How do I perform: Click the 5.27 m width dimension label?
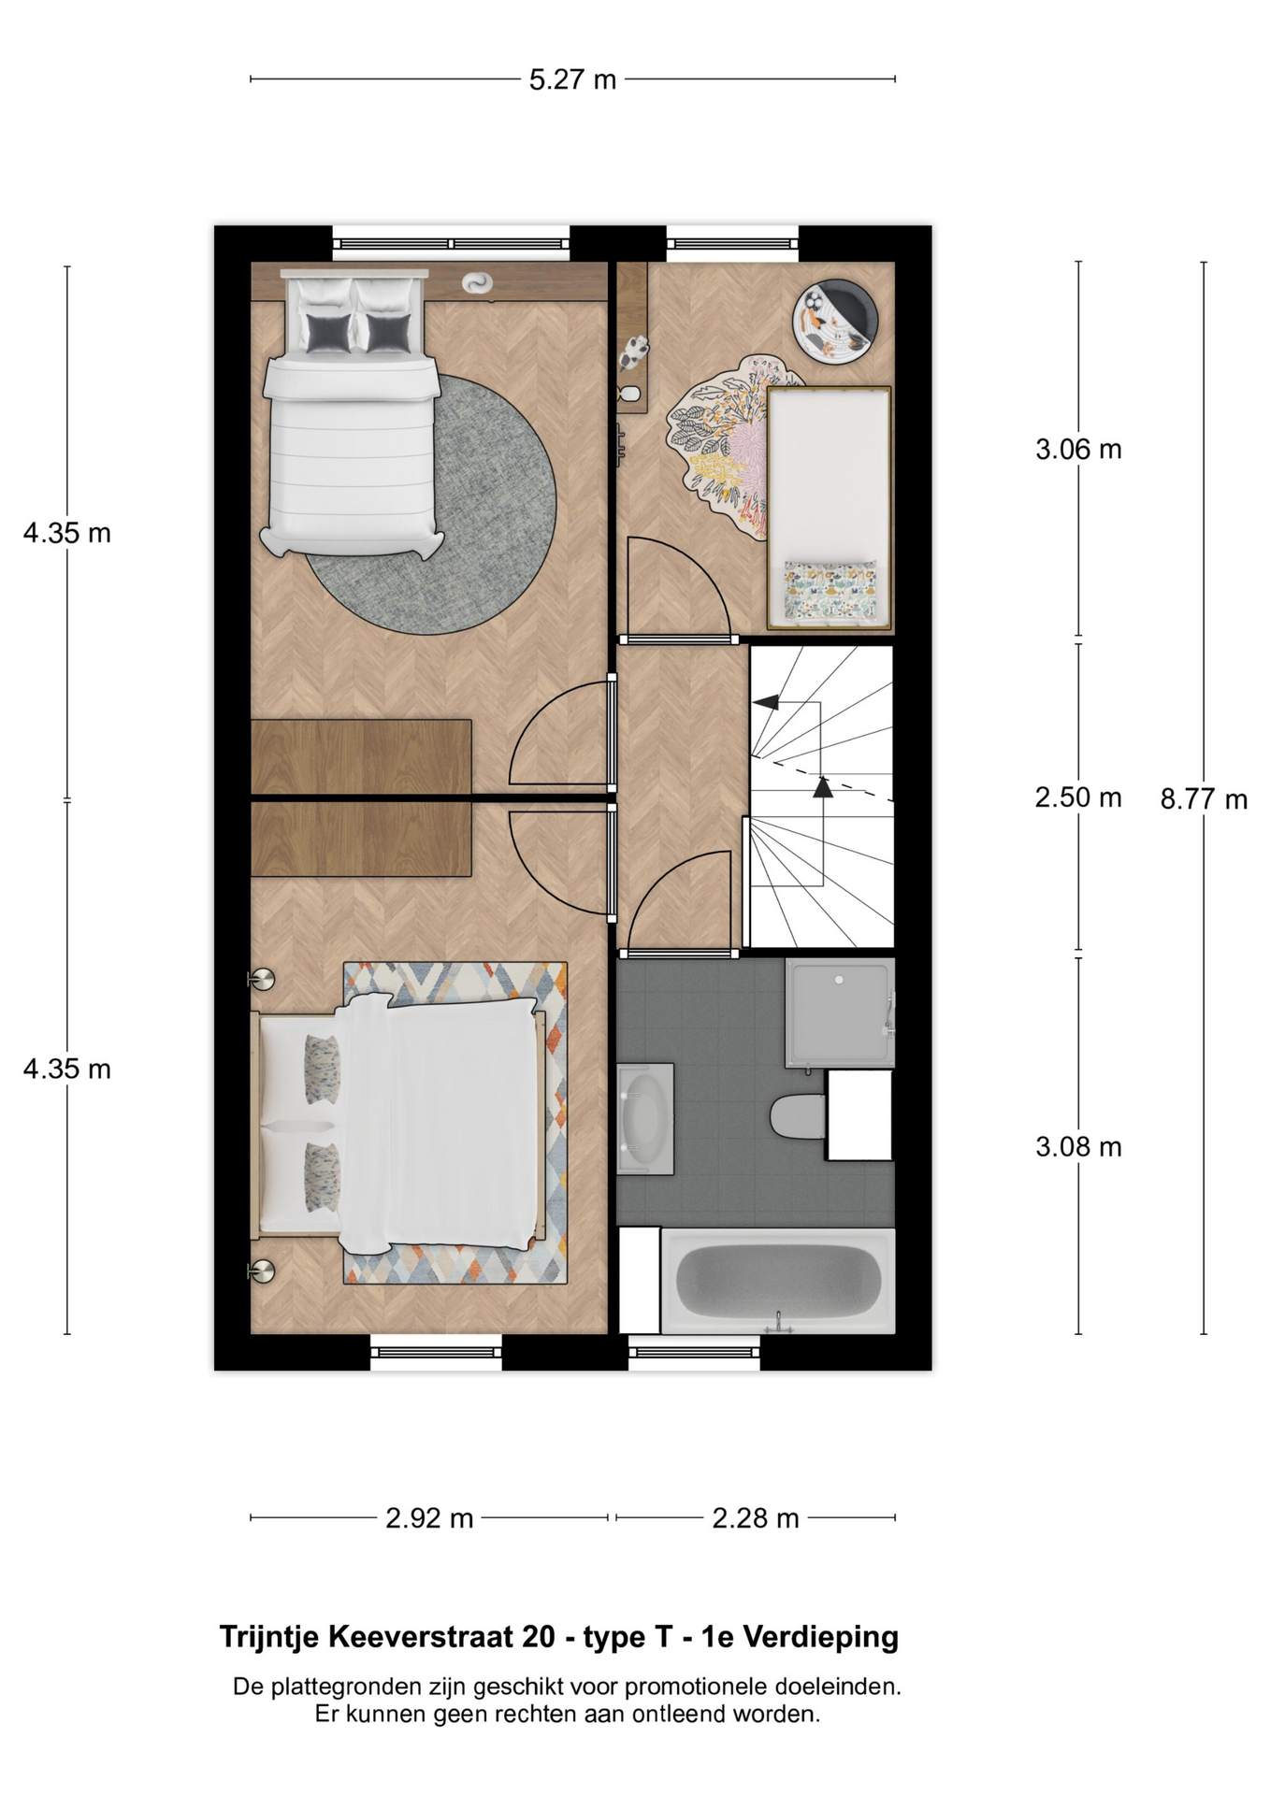572,79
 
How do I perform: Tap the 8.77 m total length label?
1204,799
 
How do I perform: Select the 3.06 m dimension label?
1078,450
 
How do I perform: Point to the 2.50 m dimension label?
1078,797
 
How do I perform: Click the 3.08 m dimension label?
1078,1147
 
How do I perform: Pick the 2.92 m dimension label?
429,1518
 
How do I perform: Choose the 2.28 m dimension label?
756,1518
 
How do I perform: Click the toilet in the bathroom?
798,1116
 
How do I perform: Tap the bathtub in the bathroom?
778,1280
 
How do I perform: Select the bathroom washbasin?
645,1118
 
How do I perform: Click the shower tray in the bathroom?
840,1012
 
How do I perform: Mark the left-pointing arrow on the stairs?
766,702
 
